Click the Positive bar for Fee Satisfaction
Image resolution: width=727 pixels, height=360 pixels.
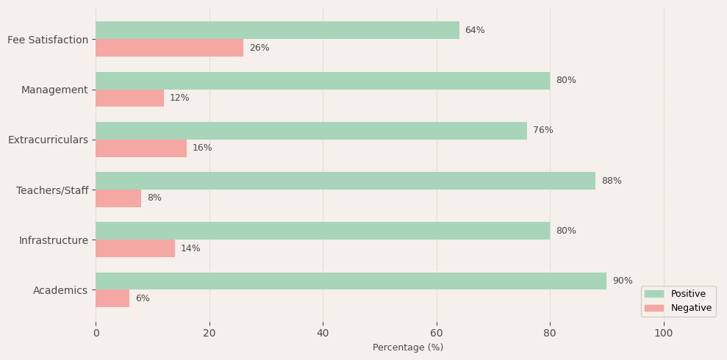click(x=277, y=30)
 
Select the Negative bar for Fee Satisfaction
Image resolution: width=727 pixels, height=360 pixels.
click(x=169, y=48)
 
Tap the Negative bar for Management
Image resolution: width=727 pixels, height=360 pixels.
click(x=129, y=98)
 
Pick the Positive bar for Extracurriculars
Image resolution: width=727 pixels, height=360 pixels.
click(x=311, y=131)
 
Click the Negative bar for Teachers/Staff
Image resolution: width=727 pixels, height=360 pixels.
click(x=118, y=198)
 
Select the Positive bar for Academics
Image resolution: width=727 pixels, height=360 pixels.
click(x=351, y=281)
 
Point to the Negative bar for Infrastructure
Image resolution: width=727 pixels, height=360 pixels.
click(x=135, y=248)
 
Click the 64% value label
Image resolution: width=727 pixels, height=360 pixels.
click(x=475, y=30)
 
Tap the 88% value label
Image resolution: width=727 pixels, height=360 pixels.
click(x=612, y=181)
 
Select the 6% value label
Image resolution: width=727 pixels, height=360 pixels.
click(x=143, y=299)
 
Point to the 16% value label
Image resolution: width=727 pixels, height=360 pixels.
click(x=202, y=148)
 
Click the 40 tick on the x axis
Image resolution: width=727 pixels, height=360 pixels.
click(x=323, y=334)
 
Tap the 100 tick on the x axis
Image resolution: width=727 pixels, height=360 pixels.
click(x=664, y=334)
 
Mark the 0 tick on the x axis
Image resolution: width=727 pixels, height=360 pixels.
click(x=96, y=334)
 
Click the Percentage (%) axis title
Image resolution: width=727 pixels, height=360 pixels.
click(x=408, y=348)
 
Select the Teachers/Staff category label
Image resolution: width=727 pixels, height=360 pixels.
click(x=52, y=190)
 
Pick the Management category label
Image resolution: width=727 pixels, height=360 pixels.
click(x=54, y=90)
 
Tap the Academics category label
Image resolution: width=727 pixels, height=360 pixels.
click(x=60, y=290)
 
